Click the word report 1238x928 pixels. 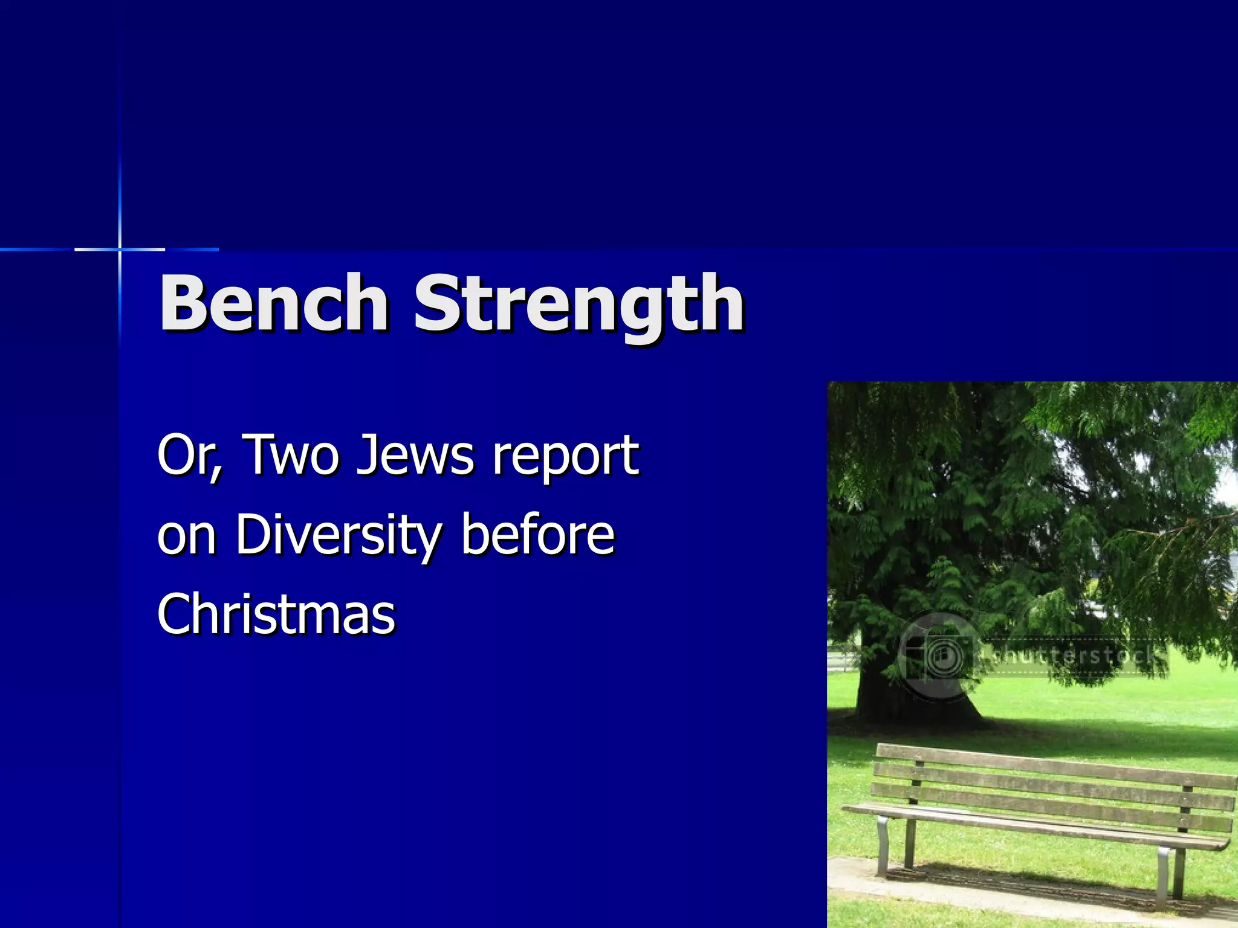(x=565, y=457)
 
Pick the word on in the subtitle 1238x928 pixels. (x=186, y=535)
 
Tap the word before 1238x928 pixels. (x=537, y=534)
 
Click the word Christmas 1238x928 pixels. (x=276, y=614)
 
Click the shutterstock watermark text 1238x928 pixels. (x=1073, y=655)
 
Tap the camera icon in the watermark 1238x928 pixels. (x=939, y=655)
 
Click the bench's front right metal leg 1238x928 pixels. (x=1164, y=870)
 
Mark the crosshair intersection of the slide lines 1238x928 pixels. (x=120, y=249)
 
